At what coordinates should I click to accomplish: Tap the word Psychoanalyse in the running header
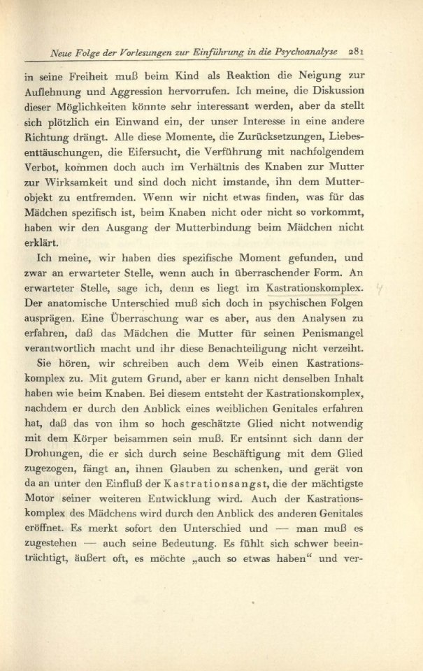[306, 51]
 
